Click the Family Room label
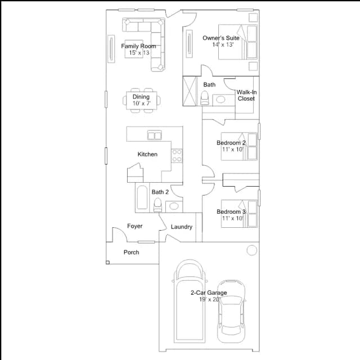(138, 46)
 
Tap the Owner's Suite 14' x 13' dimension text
(223, 44)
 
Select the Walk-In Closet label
(246, 95)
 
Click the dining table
(142, 101)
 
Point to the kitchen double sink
(155, 135)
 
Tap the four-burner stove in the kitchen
(177, 155)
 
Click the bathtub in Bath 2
(142, 197)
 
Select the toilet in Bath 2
(157, 205)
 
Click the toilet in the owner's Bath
(205, 98)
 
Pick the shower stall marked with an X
(190, 91)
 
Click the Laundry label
(181, 227)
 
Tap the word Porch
(131, 253)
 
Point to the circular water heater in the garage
(252, 250)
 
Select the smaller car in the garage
(231, 312)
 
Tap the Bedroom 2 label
(231, 143)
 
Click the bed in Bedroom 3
(239, 214)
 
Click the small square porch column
(107, 263)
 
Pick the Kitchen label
(147, 154)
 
